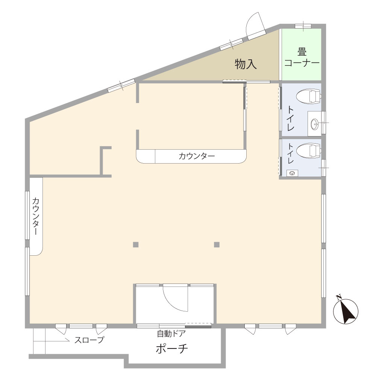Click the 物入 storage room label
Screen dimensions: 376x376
click(246, 64)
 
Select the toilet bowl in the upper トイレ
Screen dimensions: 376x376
click(309, 96)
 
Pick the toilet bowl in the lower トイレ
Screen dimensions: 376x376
click(309, 151)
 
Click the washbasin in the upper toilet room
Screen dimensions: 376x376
click(315, 124)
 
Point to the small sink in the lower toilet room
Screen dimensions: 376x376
click(292, 173)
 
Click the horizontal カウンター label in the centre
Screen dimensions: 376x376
click(197, 156)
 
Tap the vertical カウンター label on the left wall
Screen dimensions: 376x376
click(36, 216)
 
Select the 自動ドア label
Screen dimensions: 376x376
click(171, 334)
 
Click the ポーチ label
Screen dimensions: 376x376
click(172, 349)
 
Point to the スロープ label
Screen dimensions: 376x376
click(89, 340)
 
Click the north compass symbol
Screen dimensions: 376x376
click(346, 311)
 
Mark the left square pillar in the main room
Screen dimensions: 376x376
click(136, 245)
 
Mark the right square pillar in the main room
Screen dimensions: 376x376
click(217, 245)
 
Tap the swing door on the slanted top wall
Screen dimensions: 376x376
click(256, 26)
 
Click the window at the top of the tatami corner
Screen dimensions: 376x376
click(303, 26)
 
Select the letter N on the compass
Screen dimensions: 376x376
click(339, 298)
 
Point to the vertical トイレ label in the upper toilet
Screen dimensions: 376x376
click(291, 118)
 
